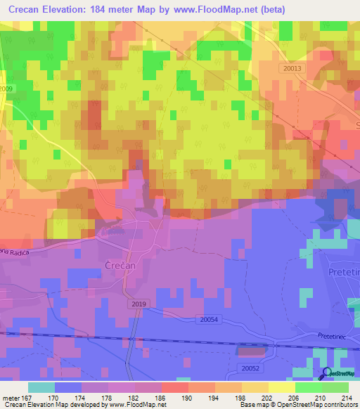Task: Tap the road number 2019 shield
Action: pyautogui.click(x=139, y=303)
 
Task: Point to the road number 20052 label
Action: pyautogui.click(x=250, y=368)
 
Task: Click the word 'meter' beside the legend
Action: pyautogui.click(x=10, y=397)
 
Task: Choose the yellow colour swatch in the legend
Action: pyautogui.click(x=281, y=387)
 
